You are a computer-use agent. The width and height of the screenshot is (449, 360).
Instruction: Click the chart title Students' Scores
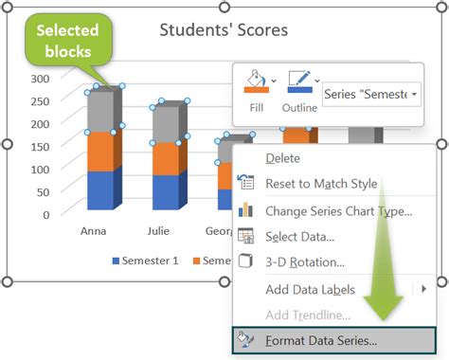(x=224, y=29)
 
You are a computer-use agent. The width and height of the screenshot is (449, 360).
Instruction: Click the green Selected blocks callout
(x=67, y=40)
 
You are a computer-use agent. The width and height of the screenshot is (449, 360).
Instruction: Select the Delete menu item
(x=282, y=158)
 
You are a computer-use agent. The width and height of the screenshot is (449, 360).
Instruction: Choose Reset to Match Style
(x=321, y=184)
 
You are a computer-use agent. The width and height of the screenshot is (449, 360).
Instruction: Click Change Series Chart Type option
(x=338, y=210)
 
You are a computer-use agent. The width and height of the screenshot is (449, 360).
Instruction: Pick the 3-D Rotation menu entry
(x=304, y=262)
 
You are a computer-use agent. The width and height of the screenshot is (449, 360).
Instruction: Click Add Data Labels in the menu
(x=310, y=289)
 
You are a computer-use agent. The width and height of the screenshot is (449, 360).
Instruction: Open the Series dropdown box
(x=370, y=95)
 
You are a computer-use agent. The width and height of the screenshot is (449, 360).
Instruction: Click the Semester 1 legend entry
(x=146, y=260)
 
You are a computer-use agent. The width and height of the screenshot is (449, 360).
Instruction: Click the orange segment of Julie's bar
(x=165, y=158)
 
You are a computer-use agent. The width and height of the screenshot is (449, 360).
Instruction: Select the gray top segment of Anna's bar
(x=99, y=111)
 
